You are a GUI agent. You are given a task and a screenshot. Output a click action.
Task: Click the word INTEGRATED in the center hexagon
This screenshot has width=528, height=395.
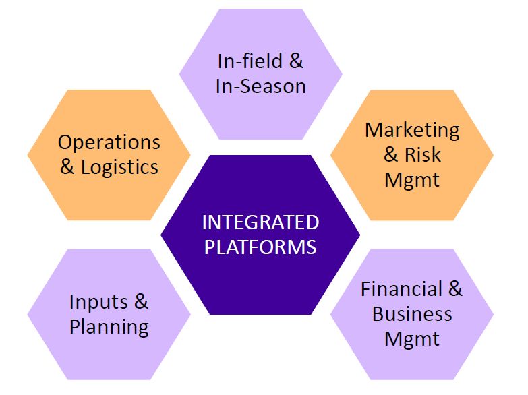coord(261,222)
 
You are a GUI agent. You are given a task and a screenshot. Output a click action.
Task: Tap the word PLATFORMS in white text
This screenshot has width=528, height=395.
coord(260,247)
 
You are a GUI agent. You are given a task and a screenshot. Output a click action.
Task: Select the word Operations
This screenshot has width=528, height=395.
coord(109,143)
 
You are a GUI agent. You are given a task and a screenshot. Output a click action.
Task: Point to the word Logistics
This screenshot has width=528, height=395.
coord(119,168)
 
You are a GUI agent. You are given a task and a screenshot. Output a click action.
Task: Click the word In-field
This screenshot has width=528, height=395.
coord(250,61)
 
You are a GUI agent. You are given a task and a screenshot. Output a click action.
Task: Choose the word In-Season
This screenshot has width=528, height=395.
coord(261,86)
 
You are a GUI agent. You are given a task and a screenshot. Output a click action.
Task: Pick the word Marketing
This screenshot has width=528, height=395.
coord(413,131)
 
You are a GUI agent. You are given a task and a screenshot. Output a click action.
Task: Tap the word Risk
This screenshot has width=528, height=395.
coord(423,155)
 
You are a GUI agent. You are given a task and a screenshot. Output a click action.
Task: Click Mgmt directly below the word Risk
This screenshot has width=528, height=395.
coord(412,181)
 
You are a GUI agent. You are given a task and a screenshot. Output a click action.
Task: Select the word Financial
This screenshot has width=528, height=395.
coord(401,289)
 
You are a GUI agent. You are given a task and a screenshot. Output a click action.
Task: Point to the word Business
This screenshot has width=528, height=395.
coord(412,314)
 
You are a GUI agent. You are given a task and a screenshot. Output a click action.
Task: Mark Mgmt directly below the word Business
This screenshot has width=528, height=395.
coord(412,340)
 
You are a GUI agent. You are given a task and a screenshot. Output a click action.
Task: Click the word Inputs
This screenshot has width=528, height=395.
coord(98,302)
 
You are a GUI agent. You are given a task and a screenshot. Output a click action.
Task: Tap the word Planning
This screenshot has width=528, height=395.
coord(109,327)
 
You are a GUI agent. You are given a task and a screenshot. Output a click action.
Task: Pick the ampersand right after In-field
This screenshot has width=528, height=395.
coord(296,61)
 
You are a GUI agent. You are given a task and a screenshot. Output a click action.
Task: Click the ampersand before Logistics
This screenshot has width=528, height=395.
coord(67,167)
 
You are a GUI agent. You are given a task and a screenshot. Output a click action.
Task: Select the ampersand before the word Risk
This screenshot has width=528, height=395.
coord(391,155)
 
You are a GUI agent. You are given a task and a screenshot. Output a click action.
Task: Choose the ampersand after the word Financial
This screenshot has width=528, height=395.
coord(456,289)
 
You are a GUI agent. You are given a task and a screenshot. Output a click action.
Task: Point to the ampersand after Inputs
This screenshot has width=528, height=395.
coord(142,301)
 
